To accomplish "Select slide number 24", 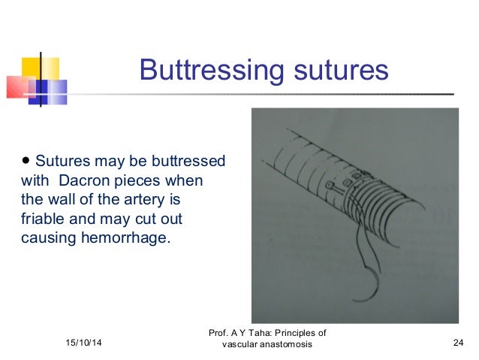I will pyautogui.click(x=458, y=343).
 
